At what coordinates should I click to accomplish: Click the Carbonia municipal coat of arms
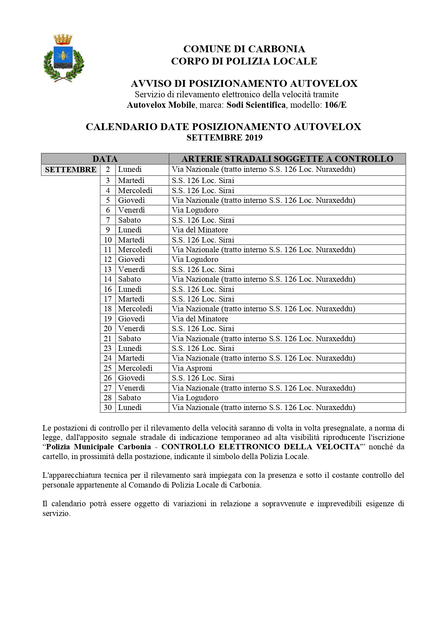(64, 58)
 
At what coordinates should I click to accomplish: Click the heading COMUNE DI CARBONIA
(244, 49)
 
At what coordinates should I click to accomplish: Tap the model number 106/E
(335, 105)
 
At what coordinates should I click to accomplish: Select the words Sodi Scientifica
(256, 105)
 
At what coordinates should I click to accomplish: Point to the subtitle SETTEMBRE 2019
(224, 138)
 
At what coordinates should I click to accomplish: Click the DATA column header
(105, 159)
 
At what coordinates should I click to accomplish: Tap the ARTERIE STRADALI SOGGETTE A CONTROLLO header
(287, 159)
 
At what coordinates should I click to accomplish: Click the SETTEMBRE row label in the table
(71, 170)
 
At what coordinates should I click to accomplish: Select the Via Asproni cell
(192, 368)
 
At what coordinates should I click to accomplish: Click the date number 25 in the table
(108, 368)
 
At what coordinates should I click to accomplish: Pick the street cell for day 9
(200, 230)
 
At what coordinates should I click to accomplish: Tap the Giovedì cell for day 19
(131, 319)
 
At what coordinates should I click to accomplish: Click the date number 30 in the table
(108, 408)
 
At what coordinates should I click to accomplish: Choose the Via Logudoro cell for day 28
(195, 398)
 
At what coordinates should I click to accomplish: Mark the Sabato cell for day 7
(129, 220)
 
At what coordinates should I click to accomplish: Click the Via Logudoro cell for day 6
(195, 210)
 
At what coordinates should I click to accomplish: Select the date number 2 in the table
(108, 169)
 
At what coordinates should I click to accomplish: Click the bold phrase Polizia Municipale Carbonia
(98, 447)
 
